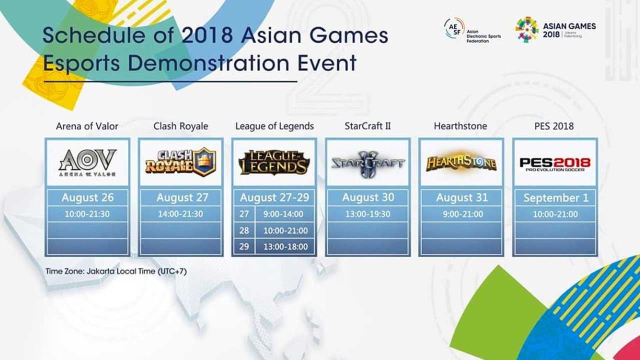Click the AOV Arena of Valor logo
87,162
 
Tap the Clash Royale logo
180,162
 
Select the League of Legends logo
274,162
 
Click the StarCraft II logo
368,163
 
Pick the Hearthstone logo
461,163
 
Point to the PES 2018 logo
555,164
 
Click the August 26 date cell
87,197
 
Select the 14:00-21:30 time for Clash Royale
180,214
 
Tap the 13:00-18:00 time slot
285,246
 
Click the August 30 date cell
368,197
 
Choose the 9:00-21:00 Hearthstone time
463,214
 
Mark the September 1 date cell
555,197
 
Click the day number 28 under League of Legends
244,230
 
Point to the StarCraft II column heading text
367,126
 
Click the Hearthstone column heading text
460,126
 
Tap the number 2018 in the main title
207,35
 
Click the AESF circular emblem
454,28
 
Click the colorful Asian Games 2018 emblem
527,29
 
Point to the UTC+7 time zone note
172,271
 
